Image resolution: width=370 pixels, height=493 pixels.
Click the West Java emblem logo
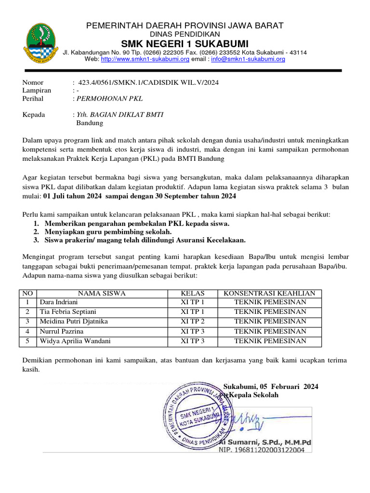pyautogui.click(x=39, y=43)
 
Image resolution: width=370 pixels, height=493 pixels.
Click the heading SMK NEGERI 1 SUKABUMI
pyautogui.click(x=185, y=44)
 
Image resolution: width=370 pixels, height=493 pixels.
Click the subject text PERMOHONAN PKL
pyautogui.click(x=109, y=99)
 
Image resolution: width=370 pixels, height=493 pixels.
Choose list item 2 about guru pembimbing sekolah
pyautogui.click(x=108, y=232)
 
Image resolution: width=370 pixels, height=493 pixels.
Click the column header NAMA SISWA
pyautogui.click(x=102, y=293)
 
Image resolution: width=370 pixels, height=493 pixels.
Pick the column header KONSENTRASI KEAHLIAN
pyautogui.click(x=270, y=293)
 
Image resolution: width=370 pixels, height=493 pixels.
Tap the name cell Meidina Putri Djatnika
pyautogui.click(x=74, y=322)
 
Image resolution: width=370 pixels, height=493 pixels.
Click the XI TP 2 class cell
pyautogui.click(x=193, y=322)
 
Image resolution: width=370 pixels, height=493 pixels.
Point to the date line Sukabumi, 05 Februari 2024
pyautogui.click(x=271, y=387)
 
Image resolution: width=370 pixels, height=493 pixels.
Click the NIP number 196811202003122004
pyautogui.click(x=262, y=450)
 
